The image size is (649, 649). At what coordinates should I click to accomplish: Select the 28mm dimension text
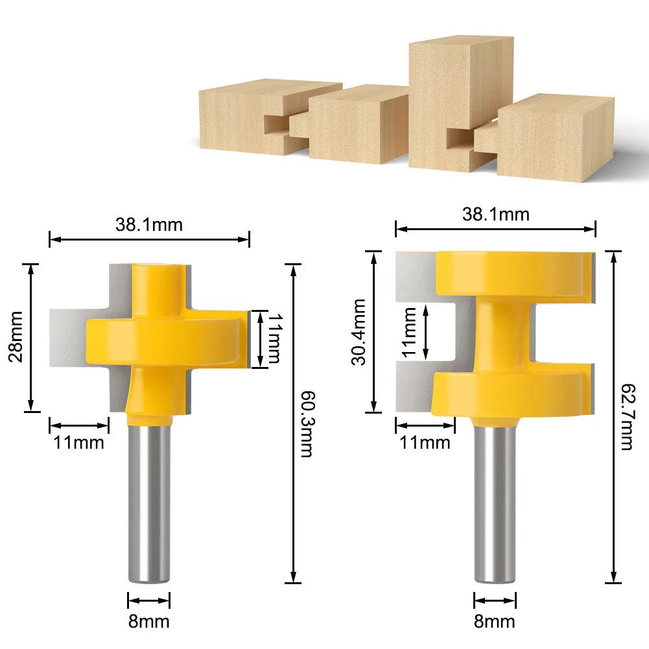(x=15, y=337)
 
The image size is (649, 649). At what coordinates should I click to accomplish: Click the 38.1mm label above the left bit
(x=149, y=224)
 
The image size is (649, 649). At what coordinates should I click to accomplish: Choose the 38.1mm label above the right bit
(x=495, y=214)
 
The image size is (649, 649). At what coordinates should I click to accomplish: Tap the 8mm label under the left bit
(x=148, y=622)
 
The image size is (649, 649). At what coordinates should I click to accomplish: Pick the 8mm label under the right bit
(x=495, y=622)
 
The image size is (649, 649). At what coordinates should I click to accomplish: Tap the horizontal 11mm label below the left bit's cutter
(x=78, y=443)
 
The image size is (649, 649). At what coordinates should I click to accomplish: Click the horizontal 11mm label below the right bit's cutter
(x=425, y=443)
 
